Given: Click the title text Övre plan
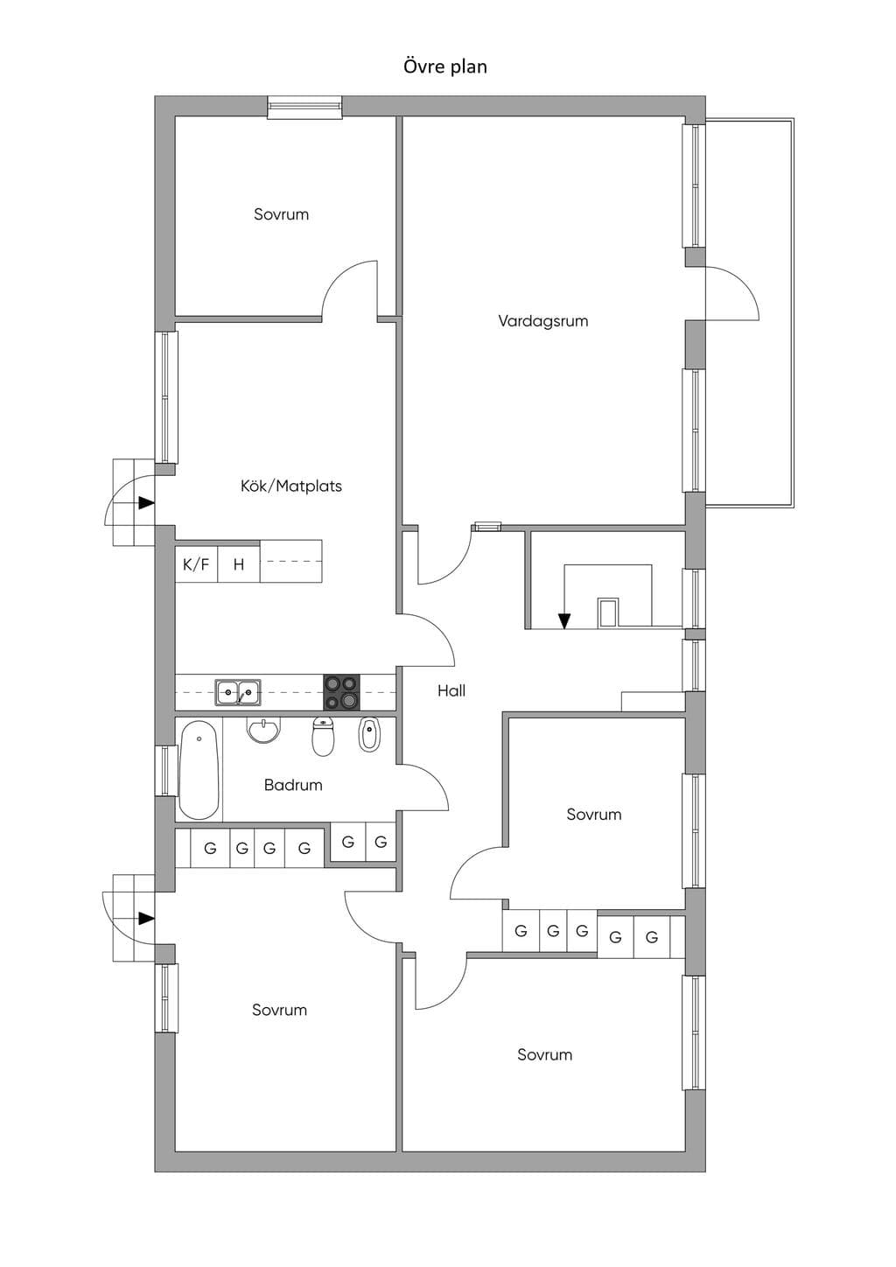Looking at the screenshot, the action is pos(445,66).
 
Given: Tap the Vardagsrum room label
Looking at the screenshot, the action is pos(543,321).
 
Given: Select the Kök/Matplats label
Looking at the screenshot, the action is pos(291,486).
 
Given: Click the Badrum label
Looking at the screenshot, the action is pos(293,785).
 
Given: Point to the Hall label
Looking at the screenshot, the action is pos(451,690).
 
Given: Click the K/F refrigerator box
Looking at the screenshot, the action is pos(196,563).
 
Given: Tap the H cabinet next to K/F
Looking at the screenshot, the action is pos(239,563).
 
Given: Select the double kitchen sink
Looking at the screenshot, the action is pos(238,693).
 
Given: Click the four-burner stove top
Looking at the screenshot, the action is pos(341,692).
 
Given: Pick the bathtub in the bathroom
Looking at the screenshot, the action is pos(199,770).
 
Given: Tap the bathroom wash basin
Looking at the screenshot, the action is pos(263,730).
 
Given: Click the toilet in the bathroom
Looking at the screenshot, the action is pos(324,737).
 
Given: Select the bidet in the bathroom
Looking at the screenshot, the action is pos(369,735).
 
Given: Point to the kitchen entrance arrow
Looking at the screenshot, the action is pos(146,502).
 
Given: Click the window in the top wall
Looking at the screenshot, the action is pos(304,108).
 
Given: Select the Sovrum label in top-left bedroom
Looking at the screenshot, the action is pos(281,214).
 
